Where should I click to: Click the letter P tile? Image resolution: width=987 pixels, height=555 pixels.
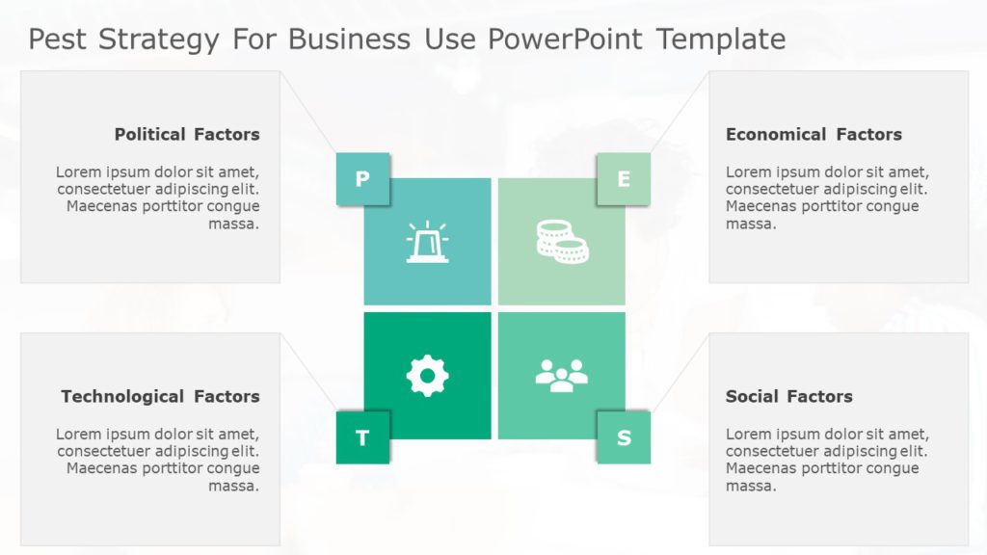(x=362, y=178)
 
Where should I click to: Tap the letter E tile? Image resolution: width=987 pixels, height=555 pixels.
(x=624, y=178)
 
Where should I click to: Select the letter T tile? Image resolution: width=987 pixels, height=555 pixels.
(x=362, y=437)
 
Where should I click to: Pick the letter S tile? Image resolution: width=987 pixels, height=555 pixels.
(x=624, y=437)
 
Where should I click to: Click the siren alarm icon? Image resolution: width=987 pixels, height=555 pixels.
(x=427, y=242)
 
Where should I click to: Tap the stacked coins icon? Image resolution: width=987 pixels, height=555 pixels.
(x=562, y=241)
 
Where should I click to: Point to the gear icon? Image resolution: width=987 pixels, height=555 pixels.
(x=427, y=376)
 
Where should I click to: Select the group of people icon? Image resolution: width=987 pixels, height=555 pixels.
(x=561, y=375)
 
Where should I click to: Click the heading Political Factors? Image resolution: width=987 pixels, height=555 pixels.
(x=187, y=134)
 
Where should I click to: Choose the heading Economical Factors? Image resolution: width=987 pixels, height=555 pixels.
(x=814, y=134)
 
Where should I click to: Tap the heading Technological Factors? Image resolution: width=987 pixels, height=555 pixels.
(x=160, y=396)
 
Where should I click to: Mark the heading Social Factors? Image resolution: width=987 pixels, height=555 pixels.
(x=788, y=396)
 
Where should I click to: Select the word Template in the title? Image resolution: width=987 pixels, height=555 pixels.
(x=720, y=40)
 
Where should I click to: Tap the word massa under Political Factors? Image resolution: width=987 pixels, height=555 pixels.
(x=234, y=224)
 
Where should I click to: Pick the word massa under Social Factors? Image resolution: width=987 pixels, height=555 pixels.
(x=751, y=486)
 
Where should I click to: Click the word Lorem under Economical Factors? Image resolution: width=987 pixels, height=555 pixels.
(x=748, y=172)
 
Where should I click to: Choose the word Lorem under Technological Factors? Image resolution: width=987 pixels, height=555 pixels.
(x=78, y=434)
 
